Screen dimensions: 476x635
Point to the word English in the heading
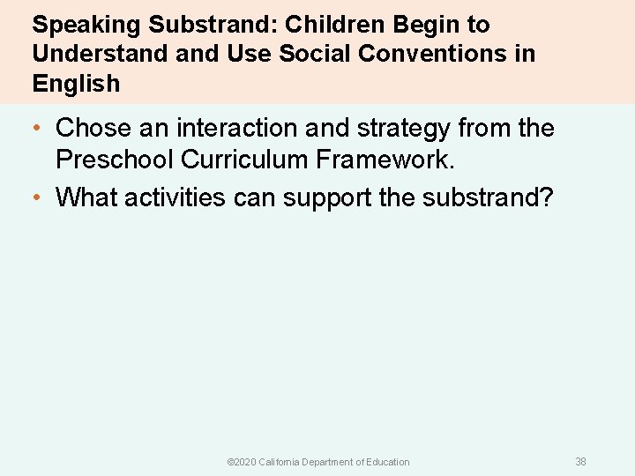(76, 84)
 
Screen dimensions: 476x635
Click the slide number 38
(580, 462)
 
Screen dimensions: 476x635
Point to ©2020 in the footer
(241, 462)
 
